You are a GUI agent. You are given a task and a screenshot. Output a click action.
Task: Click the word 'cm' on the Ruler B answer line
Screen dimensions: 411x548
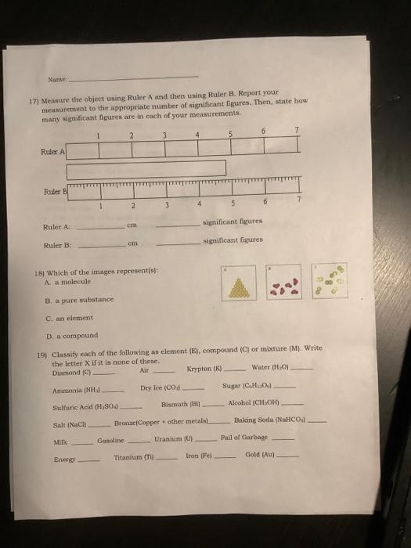point(133,244)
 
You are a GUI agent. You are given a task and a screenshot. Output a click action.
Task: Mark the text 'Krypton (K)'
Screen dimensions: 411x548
point(206,369)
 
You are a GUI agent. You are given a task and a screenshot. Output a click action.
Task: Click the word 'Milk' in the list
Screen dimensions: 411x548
point(59,442)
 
